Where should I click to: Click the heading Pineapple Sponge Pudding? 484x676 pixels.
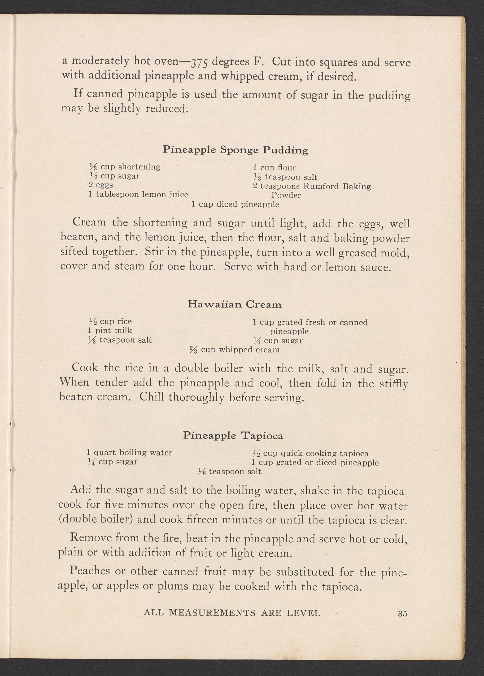(x=235, y=150)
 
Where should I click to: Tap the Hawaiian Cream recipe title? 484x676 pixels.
(x=234, y=304)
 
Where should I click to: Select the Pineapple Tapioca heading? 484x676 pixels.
(x=233, y=436)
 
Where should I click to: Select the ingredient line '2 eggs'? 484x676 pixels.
(x=101, y=185)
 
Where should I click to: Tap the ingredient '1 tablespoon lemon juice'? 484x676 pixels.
(x=138, y=195)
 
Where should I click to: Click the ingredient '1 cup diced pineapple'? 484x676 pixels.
(x=235, y=204)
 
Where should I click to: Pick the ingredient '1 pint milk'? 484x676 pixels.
(x=110, y=330)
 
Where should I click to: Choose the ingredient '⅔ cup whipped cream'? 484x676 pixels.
(x=235, y=350)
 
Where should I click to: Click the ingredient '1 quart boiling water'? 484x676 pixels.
(x=129, y=453)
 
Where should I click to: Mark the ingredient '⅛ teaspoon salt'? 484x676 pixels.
(x=230, y=472)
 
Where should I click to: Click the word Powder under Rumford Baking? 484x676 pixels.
(x=286, y=195)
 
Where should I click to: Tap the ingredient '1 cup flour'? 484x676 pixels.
(x=274, y=168)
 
